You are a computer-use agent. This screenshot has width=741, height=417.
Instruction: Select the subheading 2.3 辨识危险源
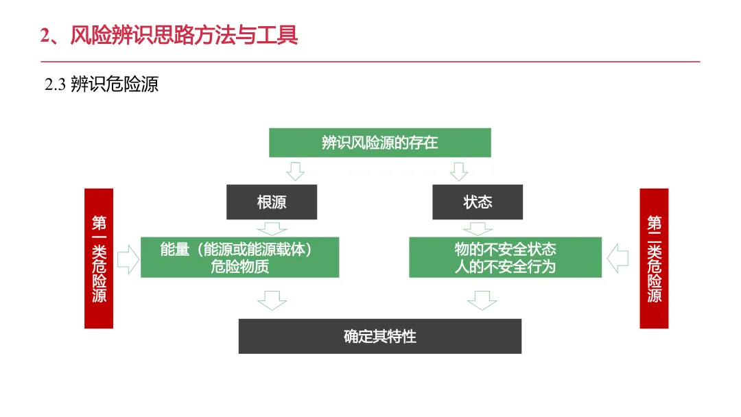coord(102,85)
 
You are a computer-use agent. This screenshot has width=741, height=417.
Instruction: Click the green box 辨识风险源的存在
coord(379,143)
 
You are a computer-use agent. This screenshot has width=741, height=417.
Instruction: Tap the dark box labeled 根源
coord(272,202)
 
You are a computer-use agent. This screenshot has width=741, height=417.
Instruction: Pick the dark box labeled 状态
coord(478,202)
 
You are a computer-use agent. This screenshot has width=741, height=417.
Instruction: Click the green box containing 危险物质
coord(239,257)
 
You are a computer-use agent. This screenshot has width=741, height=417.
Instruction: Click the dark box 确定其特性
coord(379,336)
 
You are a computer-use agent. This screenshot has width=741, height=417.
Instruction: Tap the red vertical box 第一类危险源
coord(99,259)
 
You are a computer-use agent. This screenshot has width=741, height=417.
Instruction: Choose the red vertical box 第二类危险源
coord(654,259)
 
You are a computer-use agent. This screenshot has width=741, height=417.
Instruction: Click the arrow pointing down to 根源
coord(294,171)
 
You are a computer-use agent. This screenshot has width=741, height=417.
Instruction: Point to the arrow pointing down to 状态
coord(458,171)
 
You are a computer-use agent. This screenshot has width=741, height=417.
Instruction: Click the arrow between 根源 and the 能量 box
coord(272,228)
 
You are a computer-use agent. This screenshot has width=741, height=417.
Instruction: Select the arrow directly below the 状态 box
coord(478,228)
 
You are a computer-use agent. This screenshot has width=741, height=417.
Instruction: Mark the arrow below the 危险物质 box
coord(272,300)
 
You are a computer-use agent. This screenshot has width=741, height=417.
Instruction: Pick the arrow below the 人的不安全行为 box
coord(482,300)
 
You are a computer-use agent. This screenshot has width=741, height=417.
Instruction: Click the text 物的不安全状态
coord(505,249)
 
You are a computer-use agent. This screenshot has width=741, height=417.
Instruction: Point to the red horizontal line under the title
coord(370,62)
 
